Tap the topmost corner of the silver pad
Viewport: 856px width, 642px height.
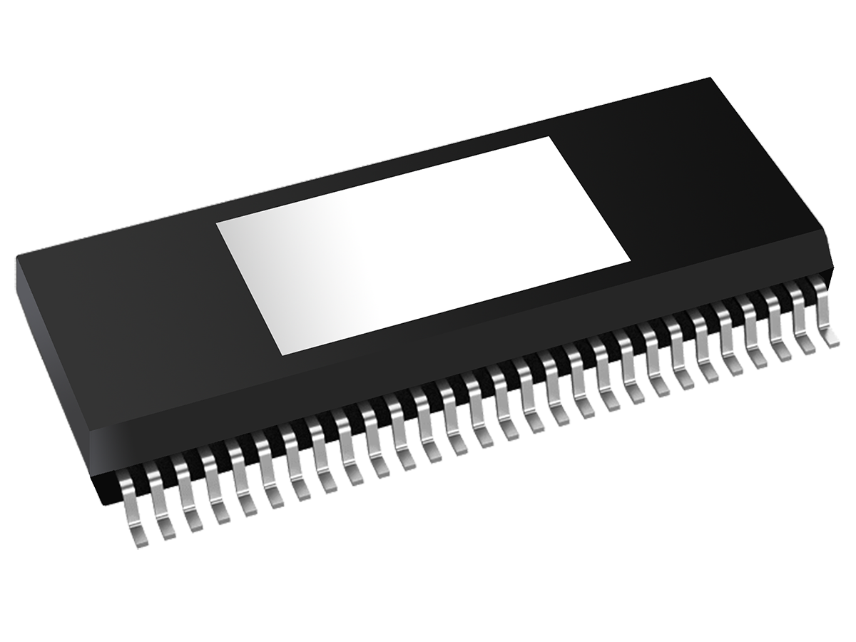pyautogui.click(x=548, y=137)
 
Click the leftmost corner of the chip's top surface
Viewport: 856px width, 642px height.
pyautogui.click(x=17, y=255)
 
